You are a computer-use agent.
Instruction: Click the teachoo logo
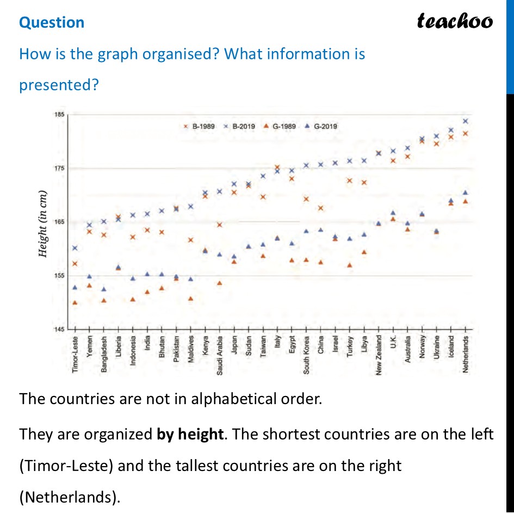pyautogui.click(x=455, y=21)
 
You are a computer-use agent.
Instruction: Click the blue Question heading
pyautogui.click(x=52, y=22)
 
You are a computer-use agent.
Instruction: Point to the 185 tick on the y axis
pyautogui.click(x=59, y=115)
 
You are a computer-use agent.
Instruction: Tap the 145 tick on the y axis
pyautogui.click(x=59, y=330)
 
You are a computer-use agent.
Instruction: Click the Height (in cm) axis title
pyautogui.click(x=42, y=224)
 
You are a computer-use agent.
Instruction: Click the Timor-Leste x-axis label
pyautogui.click(x=75, y=354)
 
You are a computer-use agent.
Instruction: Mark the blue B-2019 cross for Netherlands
pyautogui.click(x=466, y=121)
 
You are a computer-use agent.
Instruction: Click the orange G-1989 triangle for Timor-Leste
pyautogui.click(x=75, y=303)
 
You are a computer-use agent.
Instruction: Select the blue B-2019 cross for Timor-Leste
pyautogui.click(x=75, y=248)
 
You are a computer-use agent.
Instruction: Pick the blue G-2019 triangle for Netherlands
pyautogui.click(x=466, y=193)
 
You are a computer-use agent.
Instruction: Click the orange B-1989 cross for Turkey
pyautogui.click(x=350, y=181)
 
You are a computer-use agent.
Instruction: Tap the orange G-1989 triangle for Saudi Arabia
pyautogui.click(x=220, y=283)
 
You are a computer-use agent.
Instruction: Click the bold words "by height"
pyautogui.click(x=190, y=434)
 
